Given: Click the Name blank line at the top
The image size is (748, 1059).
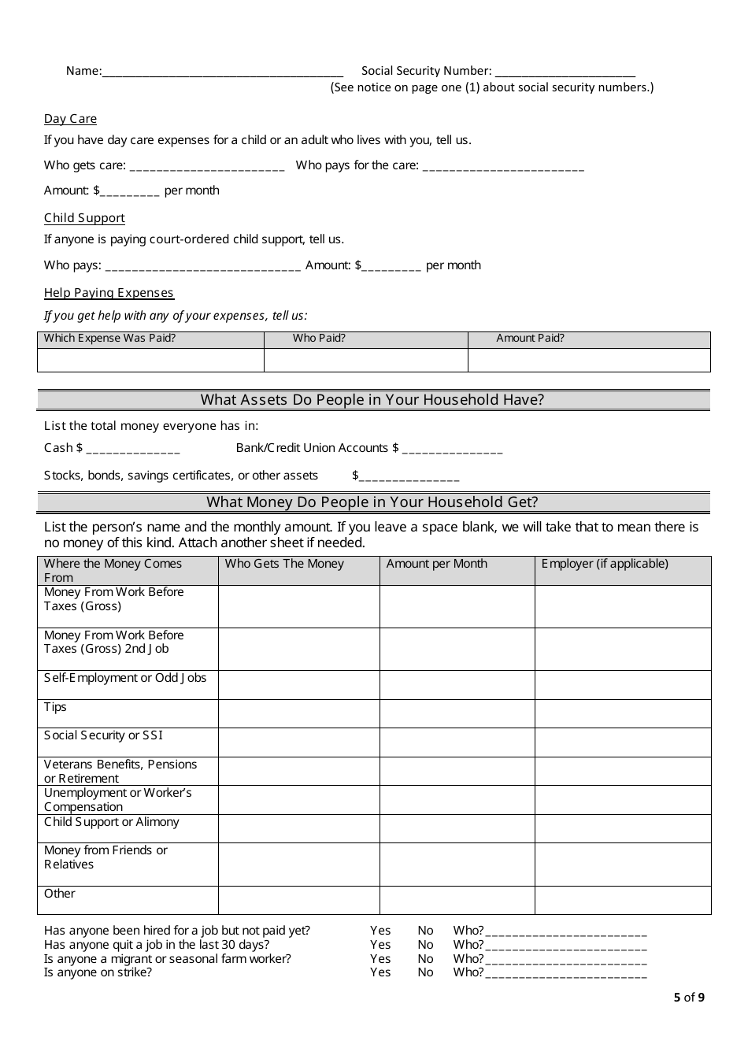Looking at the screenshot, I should pyautogui.click(x=222, y=72).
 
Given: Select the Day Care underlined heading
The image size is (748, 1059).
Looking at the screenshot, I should pyautogui.click(x=70, y=119).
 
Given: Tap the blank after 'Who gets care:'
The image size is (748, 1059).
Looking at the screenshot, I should pyautogui.click(x=206, y=167).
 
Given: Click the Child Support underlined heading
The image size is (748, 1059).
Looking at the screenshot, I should pyautogui.click(x=84, y=218).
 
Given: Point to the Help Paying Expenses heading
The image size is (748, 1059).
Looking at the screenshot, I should pyautogui.click(x=109, y=293).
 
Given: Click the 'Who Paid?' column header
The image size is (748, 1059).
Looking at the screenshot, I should pyautogui.click(x=319, y=339).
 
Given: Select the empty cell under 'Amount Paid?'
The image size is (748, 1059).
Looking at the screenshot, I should pyautogui.click(x=589, y=360).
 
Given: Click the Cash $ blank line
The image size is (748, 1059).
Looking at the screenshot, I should pyautogui.click(x=132, y=450).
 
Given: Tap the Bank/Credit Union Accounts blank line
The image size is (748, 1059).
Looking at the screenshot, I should pyautogui.click(x=452, y=450).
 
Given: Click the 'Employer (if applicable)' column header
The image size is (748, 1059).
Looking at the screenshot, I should pyautogui.click(x=605, y=564).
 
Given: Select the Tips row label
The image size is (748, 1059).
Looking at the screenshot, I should pyautogui.click(x=55, y=707).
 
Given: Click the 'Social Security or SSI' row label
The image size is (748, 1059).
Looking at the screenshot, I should pyautogui.click(x=103, y=735).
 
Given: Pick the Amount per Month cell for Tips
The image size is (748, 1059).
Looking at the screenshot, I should pyautogui.click(x=457, y=713).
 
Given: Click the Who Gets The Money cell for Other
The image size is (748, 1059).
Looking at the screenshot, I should pyautogui.click(x=298, y=900).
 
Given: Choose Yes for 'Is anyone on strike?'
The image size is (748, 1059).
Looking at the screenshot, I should pyautogui.click(x=380, y=972).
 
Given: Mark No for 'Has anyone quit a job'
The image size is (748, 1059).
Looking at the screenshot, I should pyautogui.click(x=425, y=945).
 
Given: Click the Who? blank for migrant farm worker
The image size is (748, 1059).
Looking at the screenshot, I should pyautogui.click(x=566, y=961).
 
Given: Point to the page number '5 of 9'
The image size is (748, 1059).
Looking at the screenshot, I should pyautogui.click(x=689, y=998).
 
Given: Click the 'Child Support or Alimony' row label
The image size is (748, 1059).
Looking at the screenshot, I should pyautogui.click(x=112, y=822).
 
